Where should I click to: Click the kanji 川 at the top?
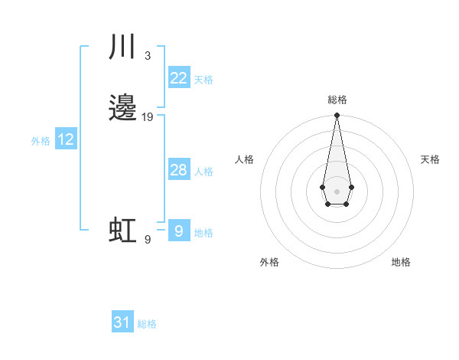pos(122,47)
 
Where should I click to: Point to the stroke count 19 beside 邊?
pos(148,117)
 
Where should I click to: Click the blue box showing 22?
pos(178,78)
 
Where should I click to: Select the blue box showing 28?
pos(178,170)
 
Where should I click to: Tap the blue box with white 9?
pos(178,231)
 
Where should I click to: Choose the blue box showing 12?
pos(66,139)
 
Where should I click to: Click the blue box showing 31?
pos(122,322)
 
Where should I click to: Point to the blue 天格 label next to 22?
pos(203,80)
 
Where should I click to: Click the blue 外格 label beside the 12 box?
pos(41,141)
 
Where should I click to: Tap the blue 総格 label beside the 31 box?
pos(147,324)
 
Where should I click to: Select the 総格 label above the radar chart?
pos(337,100)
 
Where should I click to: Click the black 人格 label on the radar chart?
pos(245,159)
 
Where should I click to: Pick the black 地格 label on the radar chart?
pos(401,262)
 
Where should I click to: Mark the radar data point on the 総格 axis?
pos(337,115)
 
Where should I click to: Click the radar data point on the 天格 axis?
pos(351,187)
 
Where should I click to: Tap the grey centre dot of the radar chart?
pos(337,191)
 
